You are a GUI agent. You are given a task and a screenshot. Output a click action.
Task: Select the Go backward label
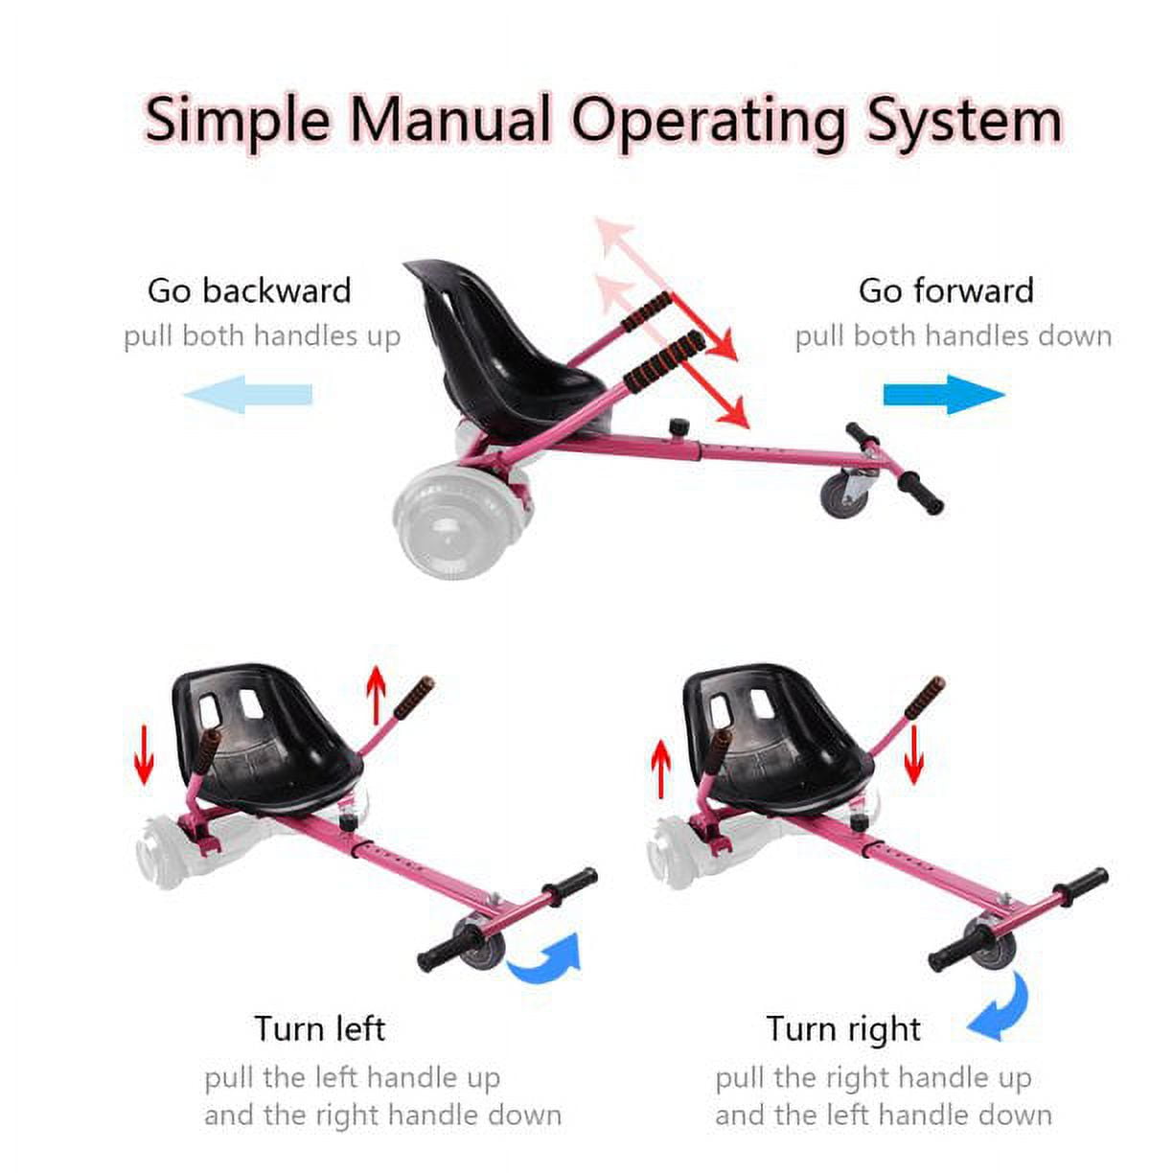tap(249, 290)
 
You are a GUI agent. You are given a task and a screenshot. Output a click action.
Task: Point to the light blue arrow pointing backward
tap(248, 394)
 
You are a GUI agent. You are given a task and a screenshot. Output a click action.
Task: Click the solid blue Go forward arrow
tap(944, 394)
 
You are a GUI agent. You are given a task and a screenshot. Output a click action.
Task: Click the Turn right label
tap(843, 1029)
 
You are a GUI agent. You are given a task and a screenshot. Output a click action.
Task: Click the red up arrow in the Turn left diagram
tap(377, 695)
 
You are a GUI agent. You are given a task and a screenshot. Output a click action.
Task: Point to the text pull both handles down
tap(954, 335)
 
